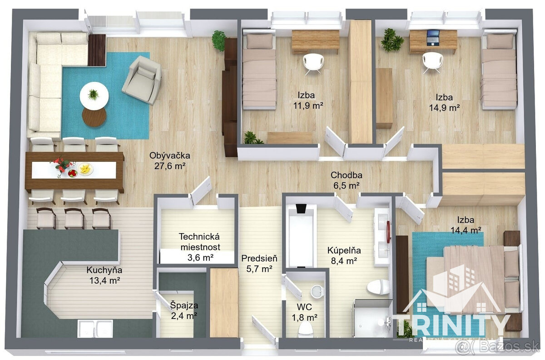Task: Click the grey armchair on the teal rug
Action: [142, 80]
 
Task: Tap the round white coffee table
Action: [94, 96]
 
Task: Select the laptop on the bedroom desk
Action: [433, 37]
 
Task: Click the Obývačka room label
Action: [169, 155]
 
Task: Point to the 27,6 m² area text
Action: [170, 166]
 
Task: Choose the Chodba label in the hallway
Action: [346, 175]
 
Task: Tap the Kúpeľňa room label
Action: [344, 250]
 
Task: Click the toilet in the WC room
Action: [305, 329]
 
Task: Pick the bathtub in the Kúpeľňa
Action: [302, 235]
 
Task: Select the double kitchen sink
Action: [95, 328]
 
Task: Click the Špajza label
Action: [184, 305]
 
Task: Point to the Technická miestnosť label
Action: [200, 242]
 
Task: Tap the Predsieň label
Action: [259, 258]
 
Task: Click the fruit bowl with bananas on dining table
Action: [85, 169]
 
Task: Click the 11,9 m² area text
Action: [308, 106]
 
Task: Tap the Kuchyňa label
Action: [104, 270]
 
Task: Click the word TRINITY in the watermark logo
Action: [451, 325]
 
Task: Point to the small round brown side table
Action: [94, 117]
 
